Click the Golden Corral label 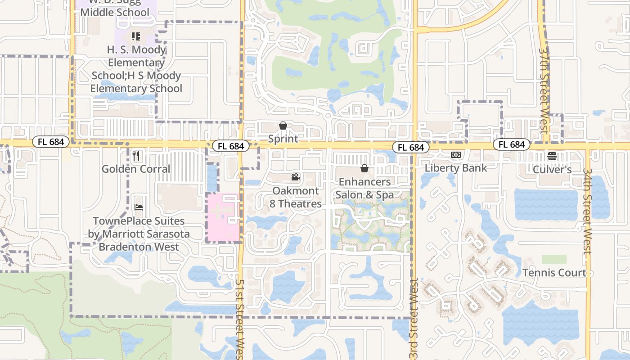pyautogui.click(x=136, y=169)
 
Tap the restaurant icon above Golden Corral pyautogui.click(x=136, y=156)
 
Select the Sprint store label pyautogui.click(x=283, y=139)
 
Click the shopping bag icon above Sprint pyautogui.click(x=283, y=126)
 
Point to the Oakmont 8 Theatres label pyautogui.click(x=296, y=197)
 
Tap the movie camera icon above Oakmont pyautogui.click(x=295, y=177)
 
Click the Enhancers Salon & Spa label pyautogui.click(x=364, y=188)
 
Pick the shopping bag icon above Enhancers pyautogui.click(x=364, y=168)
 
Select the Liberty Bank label pyautogui.click(x=456, y=168)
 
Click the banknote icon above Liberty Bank pyautogui.click(x=456, y=155)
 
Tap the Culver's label pyautogui.click(x=552, y=170)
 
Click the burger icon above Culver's pyautogui.click(x=552, y=156)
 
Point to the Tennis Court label pyautogui.click(x=554, y=273)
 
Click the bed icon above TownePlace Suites pyautogui.click(x=139, y=207)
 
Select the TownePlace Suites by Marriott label pyautogui.click(x=139, y=234)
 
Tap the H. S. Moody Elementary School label pyautogui.click(x=136, y=69)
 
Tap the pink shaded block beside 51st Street pyautogui.click(x=222, y=218)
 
